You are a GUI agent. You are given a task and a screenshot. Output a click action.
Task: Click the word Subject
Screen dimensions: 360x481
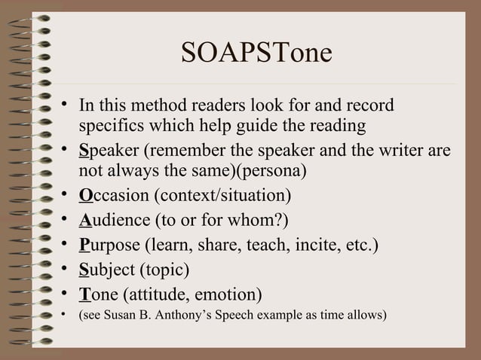[106, 269]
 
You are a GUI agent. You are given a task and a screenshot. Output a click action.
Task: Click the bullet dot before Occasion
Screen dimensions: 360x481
[66, 197]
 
